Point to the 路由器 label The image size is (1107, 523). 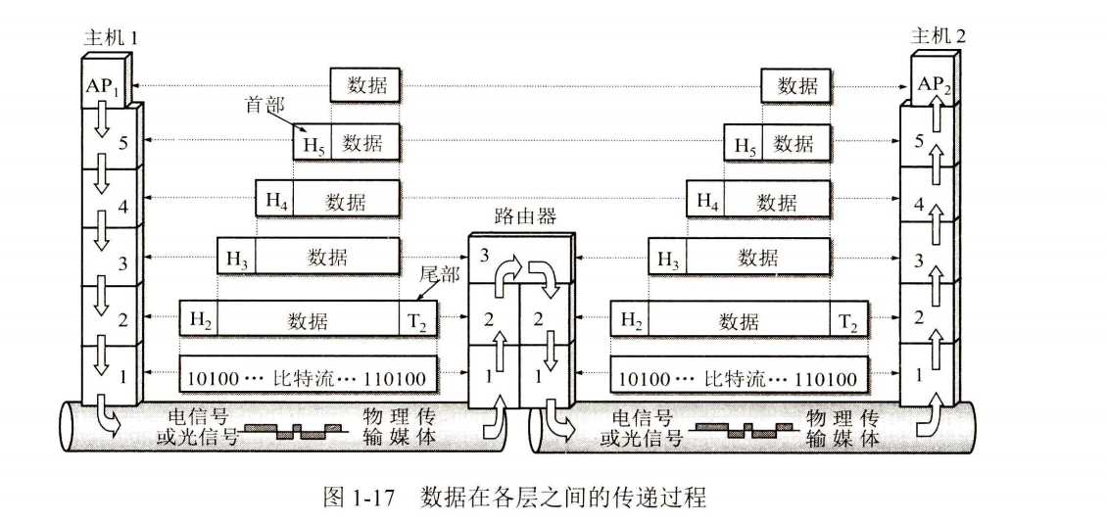click(525, 216)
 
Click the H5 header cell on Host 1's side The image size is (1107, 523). click(312, 144)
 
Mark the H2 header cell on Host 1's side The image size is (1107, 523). click(199, 320)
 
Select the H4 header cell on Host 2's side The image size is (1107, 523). click(705, 202)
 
